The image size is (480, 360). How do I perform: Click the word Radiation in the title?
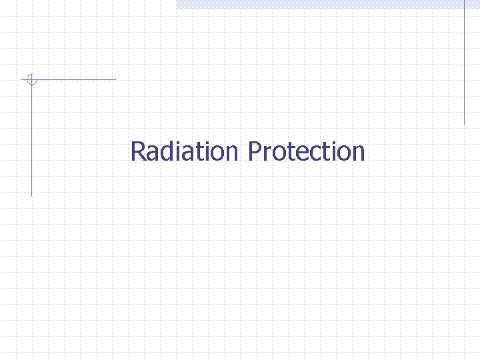tap(184, 151)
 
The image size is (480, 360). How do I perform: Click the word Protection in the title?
tap(307, 151)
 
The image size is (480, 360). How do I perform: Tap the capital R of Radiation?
tap(138, 151)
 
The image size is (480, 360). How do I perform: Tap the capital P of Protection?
tap(255, 151)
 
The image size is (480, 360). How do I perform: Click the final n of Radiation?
tap(231, 154)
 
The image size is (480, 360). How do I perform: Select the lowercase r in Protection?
tap(267, 154)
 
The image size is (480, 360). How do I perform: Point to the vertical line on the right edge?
tap(464, 63)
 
